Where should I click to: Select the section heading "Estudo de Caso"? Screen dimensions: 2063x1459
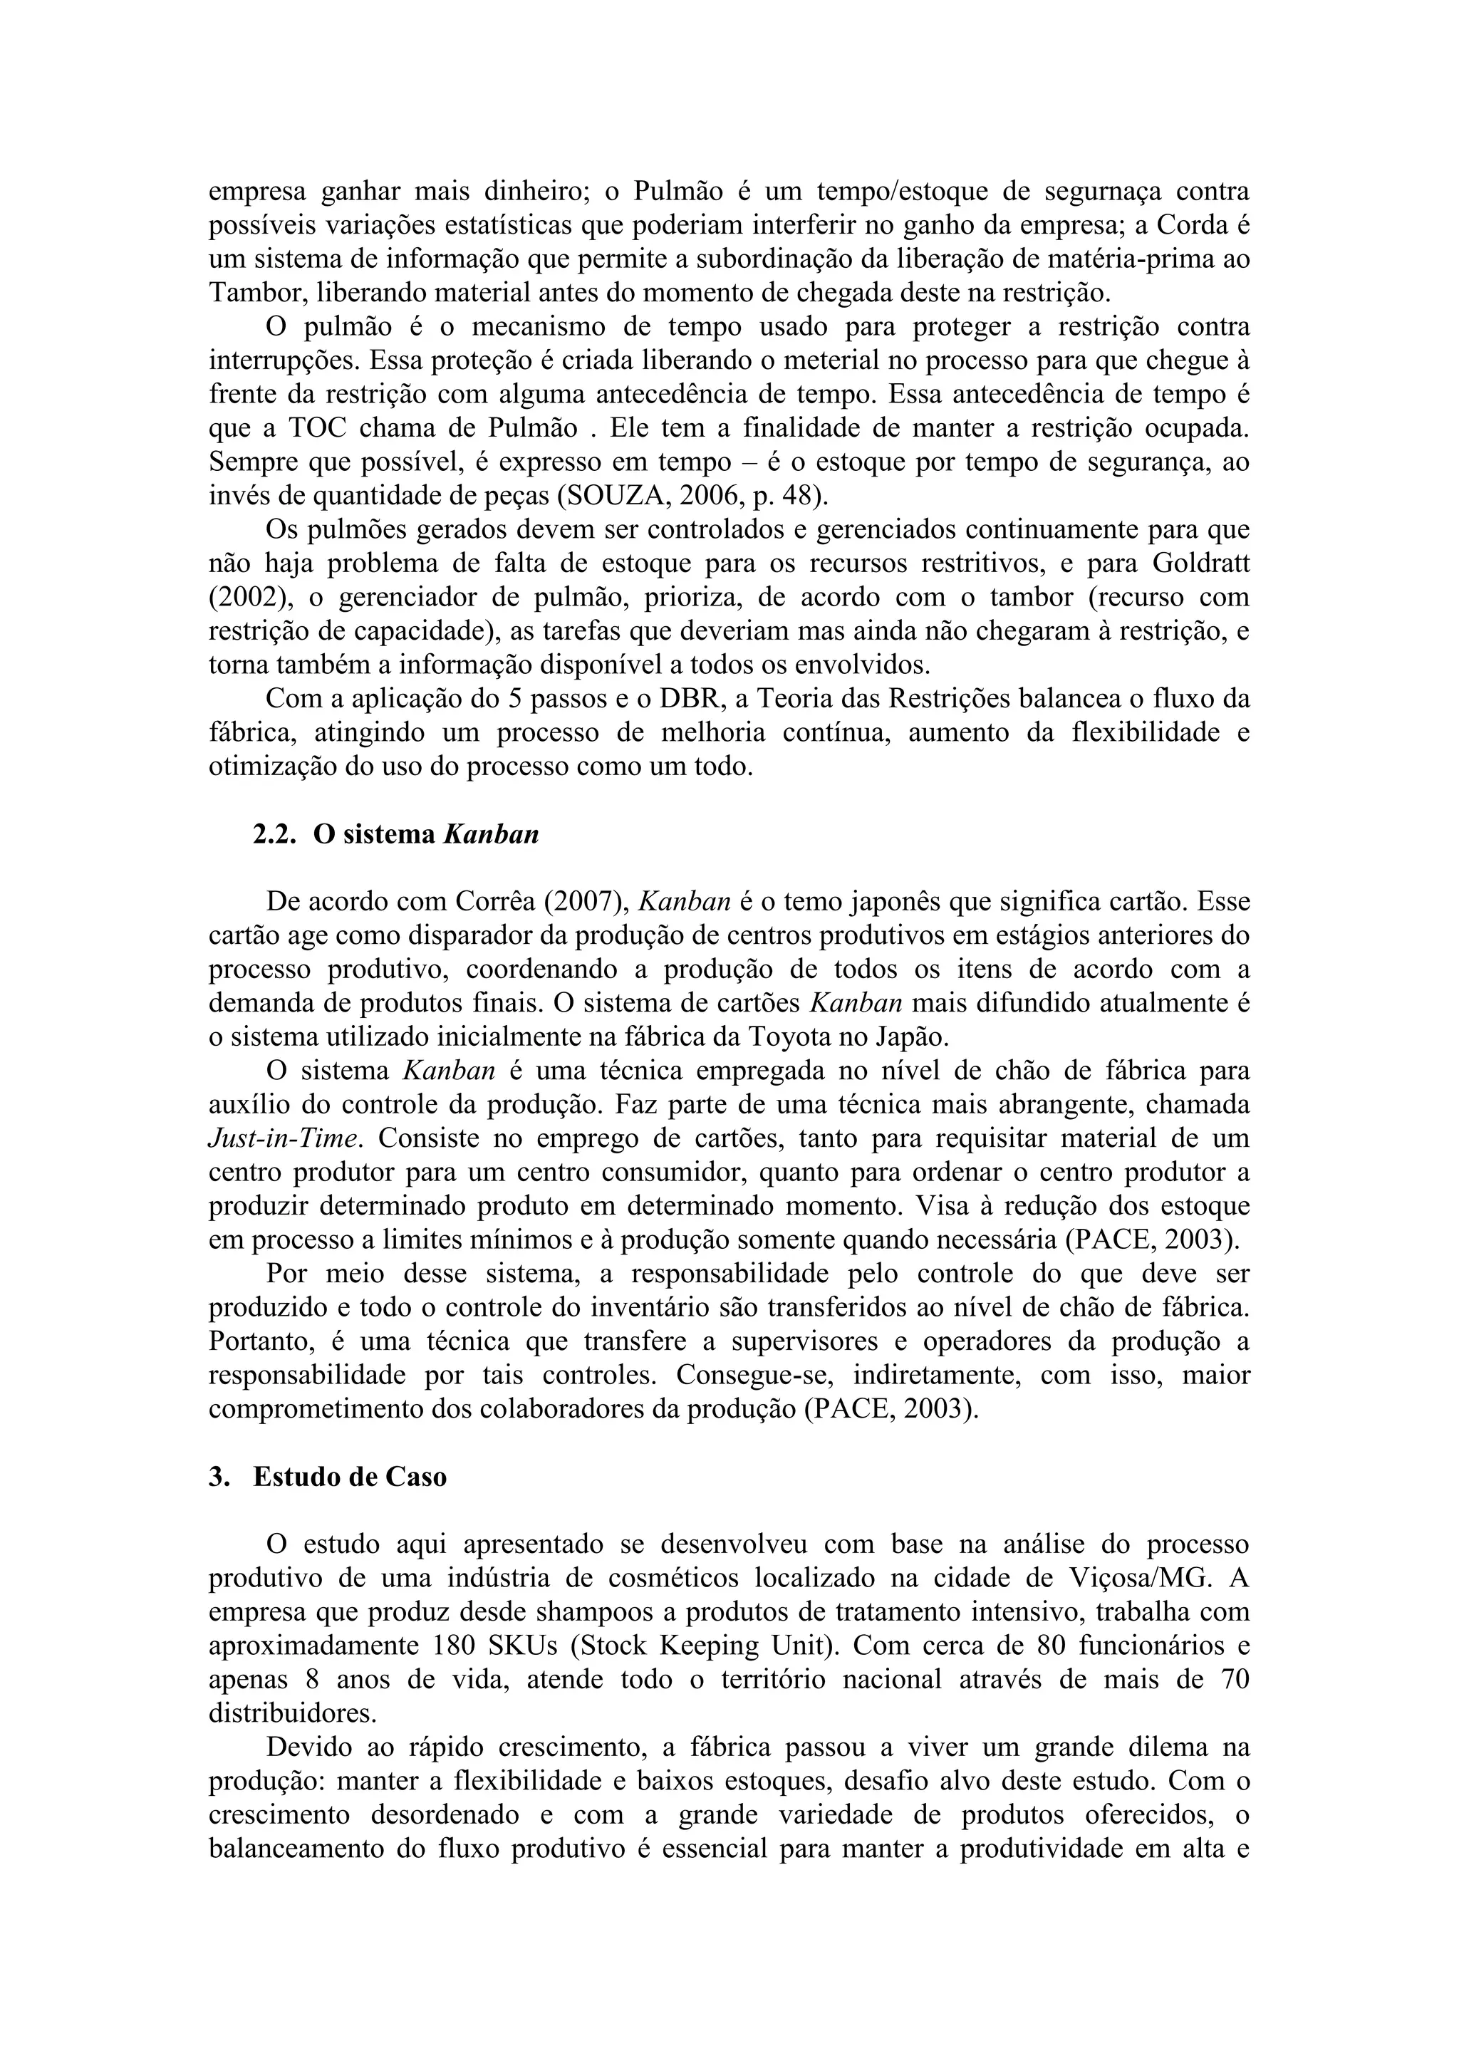coord(350,1477)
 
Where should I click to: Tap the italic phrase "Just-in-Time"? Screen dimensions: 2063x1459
coord(285,1138)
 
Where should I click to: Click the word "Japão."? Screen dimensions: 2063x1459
coord(911,1037)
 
